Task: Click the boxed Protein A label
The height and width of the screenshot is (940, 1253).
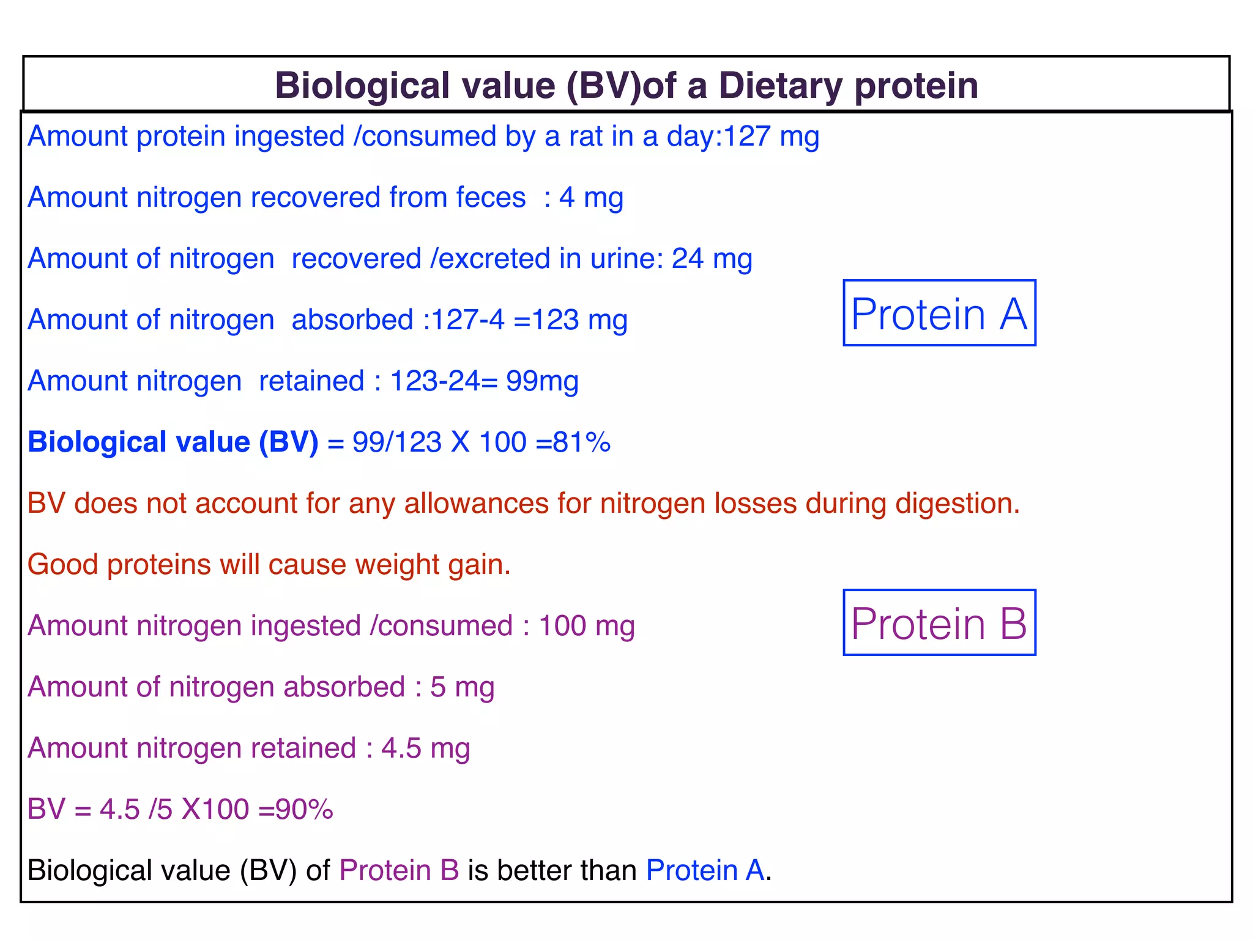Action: (939, 314)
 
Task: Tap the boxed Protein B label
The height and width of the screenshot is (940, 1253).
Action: (939, 624)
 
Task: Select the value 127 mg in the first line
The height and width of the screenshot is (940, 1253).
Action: (771, 136)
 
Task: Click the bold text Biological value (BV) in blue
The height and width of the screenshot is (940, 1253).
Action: (173, 442)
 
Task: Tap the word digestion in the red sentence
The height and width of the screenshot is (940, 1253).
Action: (957, 503)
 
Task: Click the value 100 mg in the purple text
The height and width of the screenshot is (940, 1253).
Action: (586, 625)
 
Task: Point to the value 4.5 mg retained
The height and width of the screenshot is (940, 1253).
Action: (425, 748)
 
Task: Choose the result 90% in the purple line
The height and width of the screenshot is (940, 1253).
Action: (304, 809)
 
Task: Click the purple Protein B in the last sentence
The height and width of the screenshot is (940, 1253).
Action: (399, 870)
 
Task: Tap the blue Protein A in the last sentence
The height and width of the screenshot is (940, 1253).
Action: (705, 870)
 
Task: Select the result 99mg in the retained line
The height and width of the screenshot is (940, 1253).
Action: (542, 381)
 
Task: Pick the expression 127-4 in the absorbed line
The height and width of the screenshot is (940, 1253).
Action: (468, 319)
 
